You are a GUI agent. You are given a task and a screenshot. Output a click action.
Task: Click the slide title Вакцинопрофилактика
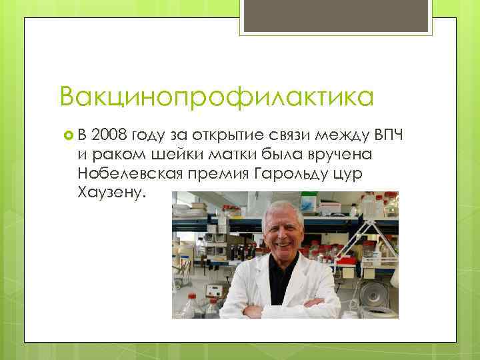coord(216,97)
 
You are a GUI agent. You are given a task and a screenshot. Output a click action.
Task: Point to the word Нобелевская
coord(130,174)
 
